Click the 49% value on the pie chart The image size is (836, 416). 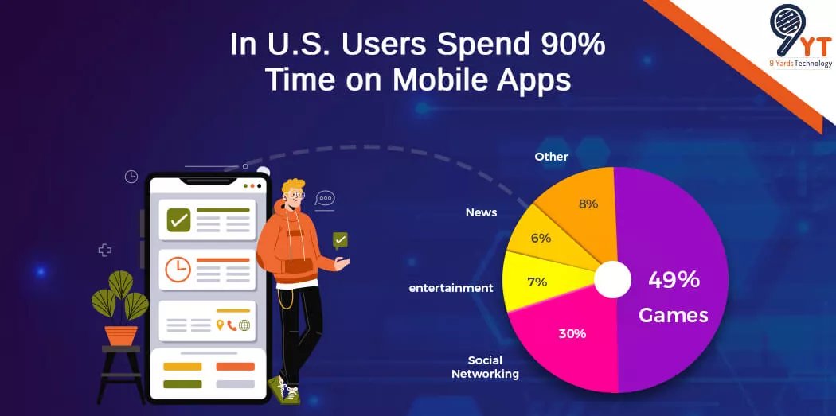[x=673, y=280]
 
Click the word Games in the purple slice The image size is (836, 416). [x=673, y=315]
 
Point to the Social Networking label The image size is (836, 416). [x=485, y=367]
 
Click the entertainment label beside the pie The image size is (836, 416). [x=451, y=288]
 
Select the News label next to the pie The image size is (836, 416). [x=481, y=212]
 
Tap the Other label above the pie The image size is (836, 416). [x=551, y=157]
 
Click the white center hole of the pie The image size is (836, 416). [x=613, y=280]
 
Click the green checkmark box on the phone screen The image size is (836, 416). [x=178, y=220]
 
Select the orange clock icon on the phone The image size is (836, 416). [x=178, y=270]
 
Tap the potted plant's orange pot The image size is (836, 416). [x=121, y=335]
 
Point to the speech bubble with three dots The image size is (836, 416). [x=324, y=199]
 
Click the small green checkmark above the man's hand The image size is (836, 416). [x=340, y=239]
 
